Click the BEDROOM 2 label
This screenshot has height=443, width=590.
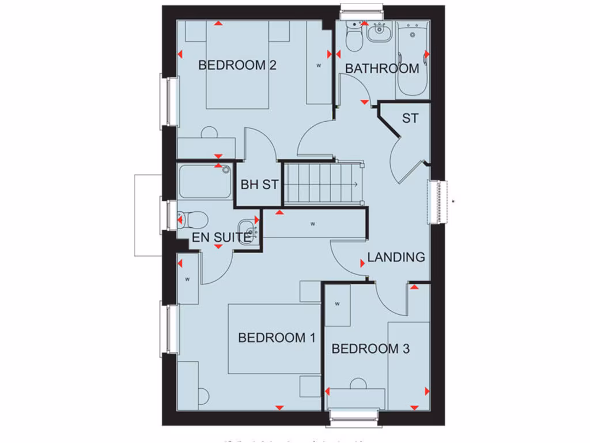click(237, 65)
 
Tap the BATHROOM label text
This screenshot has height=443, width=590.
click(381, 69)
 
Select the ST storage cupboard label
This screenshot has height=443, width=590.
click(410, 119)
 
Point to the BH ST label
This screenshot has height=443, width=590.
click(259, 185)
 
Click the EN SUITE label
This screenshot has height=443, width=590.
click(222, 236)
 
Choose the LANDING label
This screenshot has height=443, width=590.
click(396, 257)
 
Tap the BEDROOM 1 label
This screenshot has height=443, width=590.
click(277, 338)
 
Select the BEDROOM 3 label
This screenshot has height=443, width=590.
click(370, 348)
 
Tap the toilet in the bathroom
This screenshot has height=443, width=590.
click(353, 37)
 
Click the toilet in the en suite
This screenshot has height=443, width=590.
click(192, 219)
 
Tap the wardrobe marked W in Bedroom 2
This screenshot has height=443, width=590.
click(319, 65)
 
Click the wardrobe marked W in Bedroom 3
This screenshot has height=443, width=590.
click(338, 305)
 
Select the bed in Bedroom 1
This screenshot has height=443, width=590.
click(274, 339)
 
